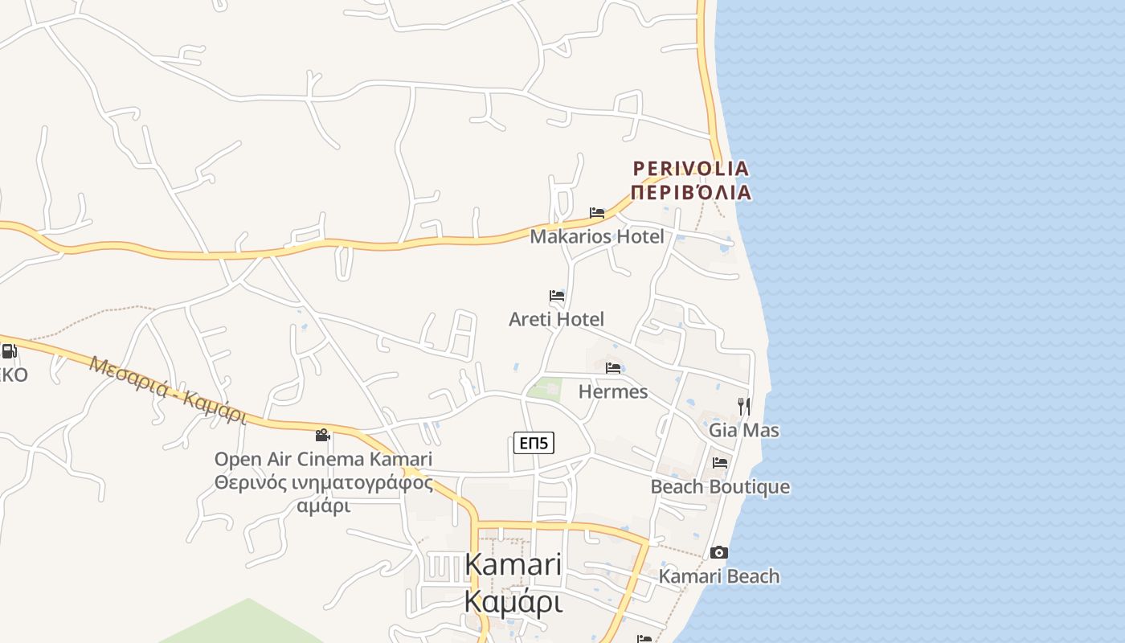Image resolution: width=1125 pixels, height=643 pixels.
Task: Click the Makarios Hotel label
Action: click(597, 236)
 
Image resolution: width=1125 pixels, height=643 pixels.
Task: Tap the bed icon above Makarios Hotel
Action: click(597, 213)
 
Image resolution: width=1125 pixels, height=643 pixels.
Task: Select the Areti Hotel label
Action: click(556, 319)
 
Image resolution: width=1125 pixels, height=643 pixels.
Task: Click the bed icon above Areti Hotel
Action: click(557, 296)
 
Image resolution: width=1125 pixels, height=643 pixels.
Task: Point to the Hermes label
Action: click(613, 391)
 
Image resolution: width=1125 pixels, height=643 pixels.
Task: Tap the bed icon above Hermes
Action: click(613, 368)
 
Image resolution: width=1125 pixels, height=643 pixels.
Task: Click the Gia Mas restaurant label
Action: click(743, 430)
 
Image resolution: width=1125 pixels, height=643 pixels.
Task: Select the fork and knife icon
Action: click(744, 406)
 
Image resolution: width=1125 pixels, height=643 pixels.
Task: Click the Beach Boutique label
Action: click(720, 487)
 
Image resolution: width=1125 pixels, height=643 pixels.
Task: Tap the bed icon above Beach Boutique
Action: click(720, 463)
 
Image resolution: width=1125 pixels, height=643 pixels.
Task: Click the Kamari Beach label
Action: click(719, 576)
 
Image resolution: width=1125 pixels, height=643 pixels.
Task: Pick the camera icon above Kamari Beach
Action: click(719, 552)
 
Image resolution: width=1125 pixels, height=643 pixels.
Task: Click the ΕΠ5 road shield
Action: click(534, 443)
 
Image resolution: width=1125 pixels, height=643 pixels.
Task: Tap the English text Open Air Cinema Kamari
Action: click(323, 460)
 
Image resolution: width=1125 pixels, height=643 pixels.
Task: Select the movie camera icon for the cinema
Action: click(323, 435)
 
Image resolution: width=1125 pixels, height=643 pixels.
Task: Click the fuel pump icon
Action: click(9, 350)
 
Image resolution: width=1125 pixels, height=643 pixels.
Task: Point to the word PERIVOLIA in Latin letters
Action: click(691, 169)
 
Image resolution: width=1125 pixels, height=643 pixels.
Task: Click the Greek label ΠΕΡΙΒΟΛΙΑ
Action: click(691, 193)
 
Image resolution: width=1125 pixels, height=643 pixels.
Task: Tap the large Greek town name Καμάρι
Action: click(513, 600)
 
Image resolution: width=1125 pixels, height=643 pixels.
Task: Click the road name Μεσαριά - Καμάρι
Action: click(168, 390)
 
